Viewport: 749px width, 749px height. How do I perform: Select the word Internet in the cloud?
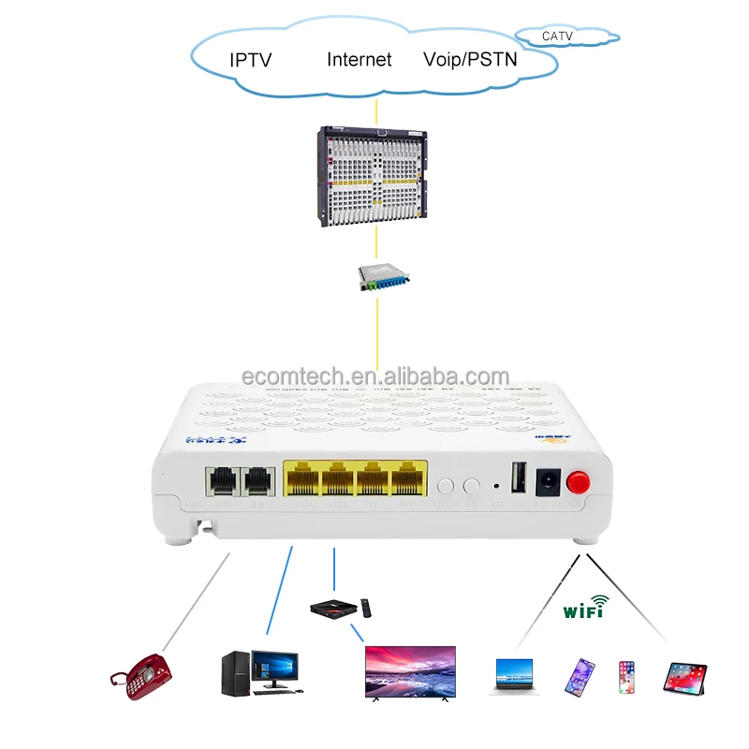pos(359,60)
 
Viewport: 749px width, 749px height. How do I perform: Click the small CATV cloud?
pos(571,38)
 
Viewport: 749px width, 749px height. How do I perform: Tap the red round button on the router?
pos(579,483)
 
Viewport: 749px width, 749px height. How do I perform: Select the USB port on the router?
pos(517,478)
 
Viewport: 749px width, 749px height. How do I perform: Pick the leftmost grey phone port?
pos(222,481)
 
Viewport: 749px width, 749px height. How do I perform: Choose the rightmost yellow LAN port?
pos(405,480)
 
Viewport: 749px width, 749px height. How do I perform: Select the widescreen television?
pos(409,672)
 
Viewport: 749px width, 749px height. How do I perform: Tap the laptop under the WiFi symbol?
pos(511,675)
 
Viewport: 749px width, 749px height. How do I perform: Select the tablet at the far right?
pos(684,676)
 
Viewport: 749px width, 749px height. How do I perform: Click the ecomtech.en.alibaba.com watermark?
pos(374,376)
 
